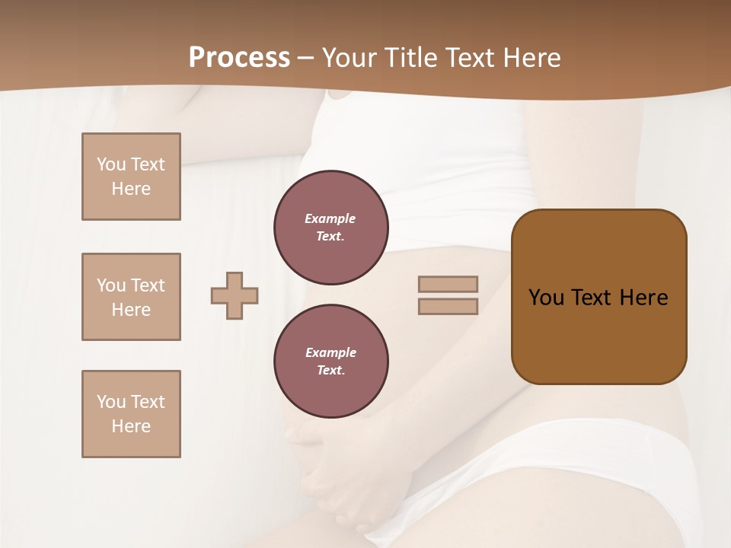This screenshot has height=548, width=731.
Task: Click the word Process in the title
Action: click(239, 58)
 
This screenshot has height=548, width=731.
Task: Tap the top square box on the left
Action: click(131, 177)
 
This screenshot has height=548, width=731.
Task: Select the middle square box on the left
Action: click(131, 297)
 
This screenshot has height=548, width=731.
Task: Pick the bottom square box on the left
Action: click(131, 414)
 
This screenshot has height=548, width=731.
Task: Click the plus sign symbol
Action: click(235, 295)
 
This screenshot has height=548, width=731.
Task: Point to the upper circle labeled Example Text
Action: click(331, 228)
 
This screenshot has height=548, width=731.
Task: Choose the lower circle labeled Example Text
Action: click(331, 362)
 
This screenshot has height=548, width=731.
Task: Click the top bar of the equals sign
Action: click(448, 284)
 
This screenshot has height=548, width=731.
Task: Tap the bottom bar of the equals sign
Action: click(448, 306)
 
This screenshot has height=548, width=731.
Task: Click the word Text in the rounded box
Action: click(592, 298)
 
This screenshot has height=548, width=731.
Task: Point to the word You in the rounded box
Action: click(546, 298)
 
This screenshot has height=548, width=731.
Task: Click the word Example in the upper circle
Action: click(330, 218)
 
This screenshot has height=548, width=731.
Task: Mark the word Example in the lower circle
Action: click(330, 352)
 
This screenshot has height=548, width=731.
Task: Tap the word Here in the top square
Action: click(131, 189)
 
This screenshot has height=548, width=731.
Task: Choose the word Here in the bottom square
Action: click(131, 426)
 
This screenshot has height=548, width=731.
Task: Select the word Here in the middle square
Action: click(131, 310)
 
